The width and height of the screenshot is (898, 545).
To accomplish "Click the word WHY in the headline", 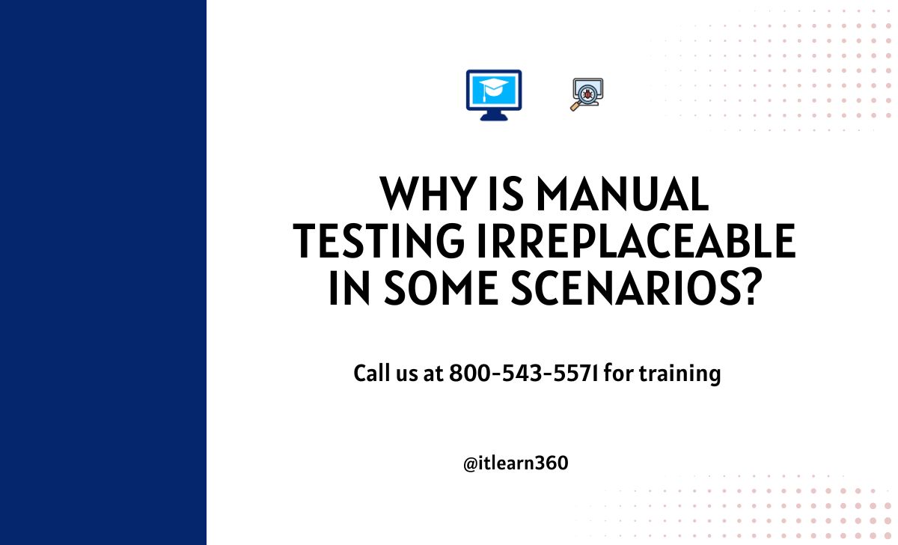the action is pos(428,194).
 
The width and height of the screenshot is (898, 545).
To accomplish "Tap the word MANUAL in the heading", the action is pos(623,194).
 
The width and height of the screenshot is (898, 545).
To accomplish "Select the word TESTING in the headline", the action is pos(379,240).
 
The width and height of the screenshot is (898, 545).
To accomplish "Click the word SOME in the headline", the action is pos(441,287).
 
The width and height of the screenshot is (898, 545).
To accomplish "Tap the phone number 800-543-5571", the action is pos(523,373).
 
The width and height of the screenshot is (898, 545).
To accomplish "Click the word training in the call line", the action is pos(680,374).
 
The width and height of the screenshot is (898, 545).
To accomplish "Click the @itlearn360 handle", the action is pos(516,463).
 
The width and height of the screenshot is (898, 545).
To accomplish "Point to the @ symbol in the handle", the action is pos(470,464).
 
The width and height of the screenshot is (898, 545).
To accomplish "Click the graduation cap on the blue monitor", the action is pos(493,88).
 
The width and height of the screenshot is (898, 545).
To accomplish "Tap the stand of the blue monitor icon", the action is pos(494,115).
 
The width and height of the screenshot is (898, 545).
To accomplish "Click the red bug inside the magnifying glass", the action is pos(587,94).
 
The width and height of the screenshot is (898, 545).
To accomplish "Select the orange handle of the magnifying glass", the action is pos(575,106).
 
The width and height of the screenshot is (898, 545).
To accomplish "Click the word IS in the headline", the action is pos(507,194).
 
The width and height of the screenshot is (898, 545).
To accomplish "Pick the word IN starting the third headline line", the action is pos(349,287).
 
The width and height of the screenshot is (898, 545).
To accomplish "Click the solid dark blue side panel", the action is pos(103,272).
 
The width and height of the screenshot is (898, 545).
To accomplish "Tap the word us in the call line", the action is pos(407,375).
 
